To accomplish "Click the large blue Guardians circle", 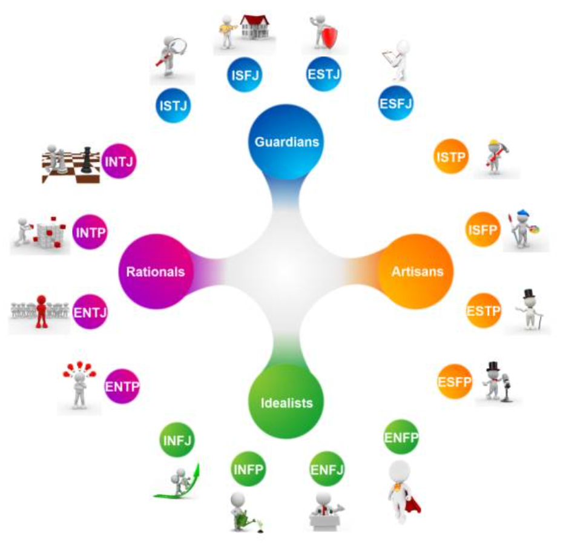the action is click(x=286, y=142).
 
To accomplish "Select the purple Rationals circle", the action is click(x=156, y=271).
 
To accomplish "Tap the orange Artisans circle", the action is click(x=416, y=271).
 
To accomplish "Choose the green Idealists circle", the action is click(x=286, y=401).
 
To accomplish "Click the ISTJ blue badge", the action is click(x=173, y=105).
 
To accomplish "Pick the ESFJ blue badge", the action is click(x=396, y=104).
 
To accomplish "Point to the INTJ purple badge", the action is click(x=119, y=161).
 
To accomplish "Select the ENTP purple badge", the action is click(x=122, y=386).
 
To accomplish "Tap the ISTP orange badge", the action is click(x=451, y=156).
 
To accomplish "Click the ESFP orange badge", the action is click(x=455, y=381).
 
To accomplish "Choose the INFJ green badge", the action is click(x=177, y=440).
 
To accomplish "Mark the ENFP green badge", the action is click(x=401, y=437).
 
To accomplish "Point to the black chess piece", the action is click(x=86, y=160).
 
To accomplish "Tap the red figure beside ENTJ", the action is click(x=42, y=312).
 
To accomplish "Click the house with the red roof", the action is click(x=254, y=27).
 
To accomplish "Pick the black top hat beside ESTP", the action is click(x=529, y=294).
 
